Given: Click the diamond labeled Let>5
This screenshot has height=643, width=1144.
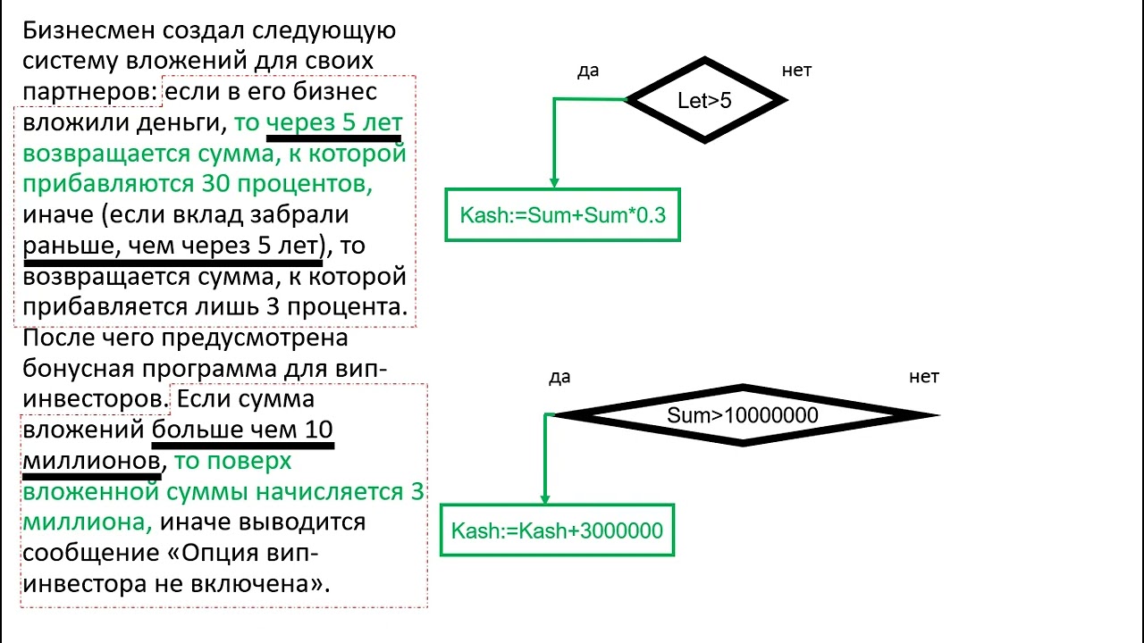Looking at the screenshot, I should click(x=705, y=100).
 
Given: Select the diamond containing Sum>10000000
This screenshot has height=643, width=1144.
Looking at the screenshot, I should click(x=742, y=415).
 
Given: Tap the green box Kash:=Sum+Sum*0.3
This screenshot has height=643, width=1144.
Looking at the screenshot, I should click(x=562, y=214).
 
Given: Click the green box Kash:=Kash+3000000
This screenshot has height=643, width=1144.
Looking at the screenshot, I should click(x=557, y=531).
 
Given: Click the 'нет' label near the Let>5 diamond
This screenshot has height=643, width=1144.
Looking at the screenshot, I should click(x=796, y=71).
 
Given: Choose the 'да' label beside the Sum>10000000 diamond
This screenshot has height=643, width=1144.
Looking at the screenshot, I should click(x=559, y=377).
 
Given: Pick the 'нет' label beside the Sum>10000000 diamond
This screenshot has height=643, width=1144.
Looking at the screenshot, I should click(x=924, y=377).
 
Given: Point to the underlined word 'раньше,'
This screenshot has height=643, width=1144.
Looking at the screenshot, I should click(x=71, y=246).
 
